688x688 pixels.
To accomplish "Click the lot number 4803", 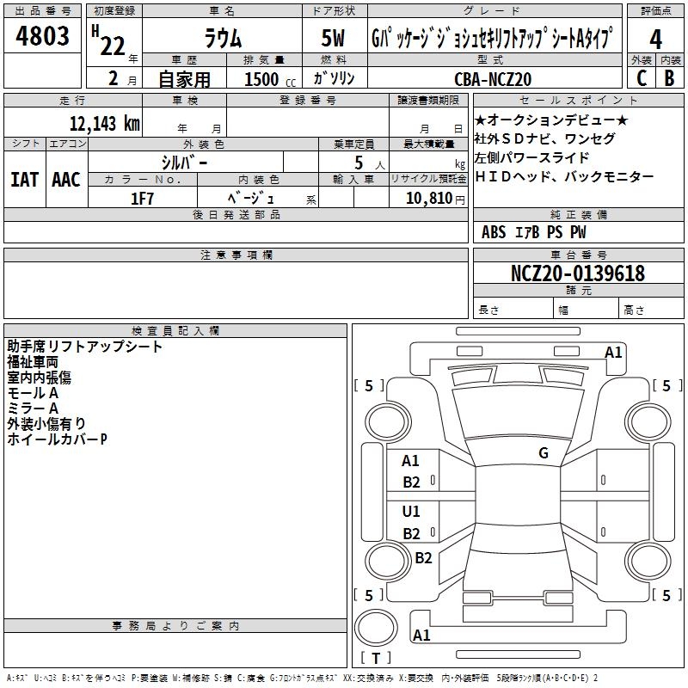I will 43,36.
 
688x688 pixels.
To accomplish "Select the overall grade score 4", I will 656,40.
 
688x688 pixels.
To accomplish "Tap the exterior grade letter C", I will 641,77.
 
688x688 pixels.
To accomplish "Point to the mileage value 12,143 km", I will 104,123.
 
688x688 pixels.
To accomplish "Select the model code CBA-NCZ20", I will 493,78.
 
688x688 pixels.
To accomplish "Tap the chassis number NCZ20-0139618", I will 577,273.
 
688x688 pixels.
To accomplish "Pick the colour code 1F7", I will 142,199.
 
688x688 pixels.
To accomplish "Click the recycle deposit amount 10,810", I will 427,199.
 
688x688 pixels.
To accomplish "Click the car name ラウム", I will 222,40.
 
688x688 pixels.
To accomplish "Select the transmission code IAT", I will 23,180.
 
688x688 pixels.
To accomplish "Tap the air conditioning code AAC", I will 65,180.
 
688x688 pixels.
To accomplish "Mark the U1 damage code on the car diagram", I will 411,512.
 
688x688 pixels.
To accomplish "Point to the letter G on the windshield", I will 544,453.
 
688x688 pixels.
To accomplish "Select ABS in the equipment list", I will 494,232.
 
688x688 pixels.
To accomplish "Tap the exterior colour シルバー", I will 184,162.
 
